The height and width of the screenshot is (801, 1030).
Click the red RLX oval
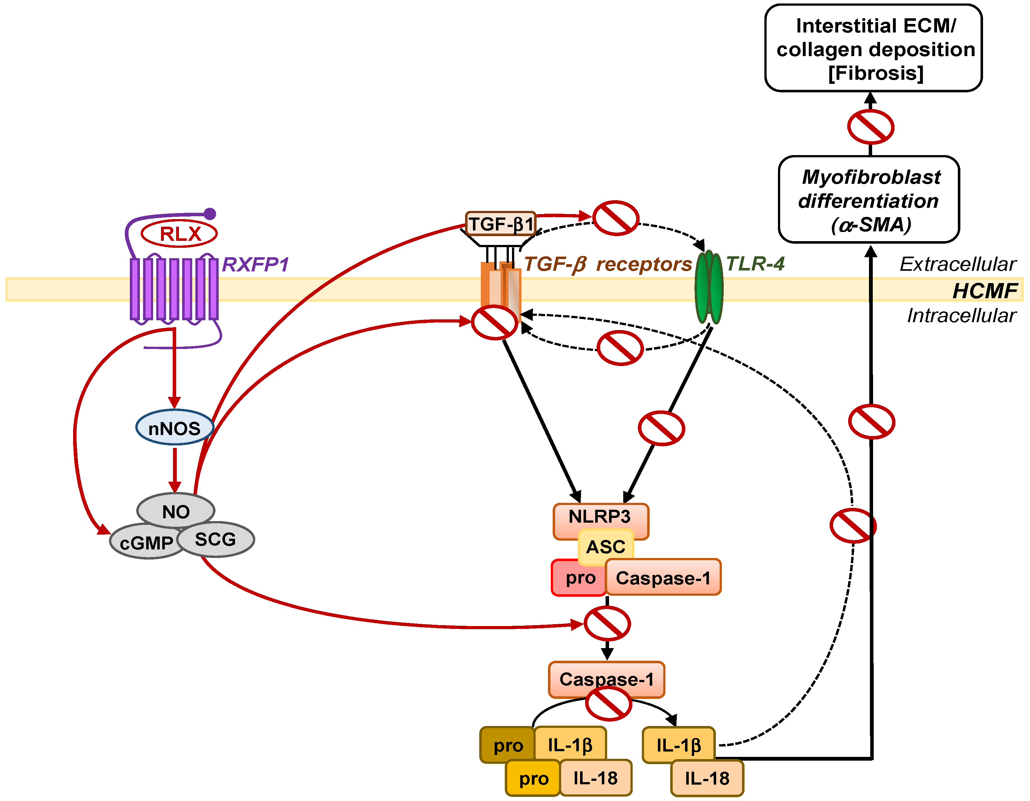(179, 234)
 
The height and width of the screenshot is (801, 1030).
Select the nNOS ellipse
(175, 427)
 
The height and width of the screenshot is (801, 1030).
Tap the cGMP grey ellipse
(146, 542)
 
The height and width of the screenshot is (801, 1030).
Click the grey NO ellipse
(176, 510)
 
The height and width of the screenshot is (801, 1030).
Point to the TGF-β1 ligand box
(501, 223)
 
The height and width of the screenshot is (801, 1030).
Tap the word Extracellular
(958, 264)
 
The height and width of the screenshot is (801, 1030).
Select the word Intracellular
(962, 316)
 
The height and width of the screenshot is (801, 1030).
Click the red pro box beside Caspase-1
(579, 578)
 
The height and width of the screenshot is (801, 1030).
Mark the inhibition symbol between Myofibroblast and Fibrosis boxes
(871, 126)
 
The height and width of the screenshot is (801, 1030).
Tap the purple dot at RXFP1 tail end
(210, 214)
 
